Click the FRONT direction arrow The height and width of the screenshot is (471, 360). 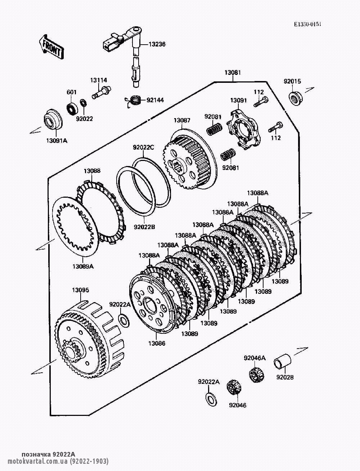(51, 47)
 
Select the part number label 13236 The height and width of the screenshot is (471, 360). (157, 44)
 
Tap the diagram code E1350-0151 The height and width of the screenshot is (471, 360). (307, 24)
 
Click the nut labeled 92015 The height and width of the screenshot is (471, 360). (296, 98)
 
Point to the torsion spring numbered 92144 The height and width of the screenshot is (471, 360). (134, 101)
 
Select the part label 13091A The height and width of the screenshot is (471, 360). (57, 141)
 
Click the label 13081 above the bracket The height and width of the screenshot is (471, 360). (233, 72)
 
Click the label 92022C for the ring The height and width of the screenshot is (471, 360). (143, 148)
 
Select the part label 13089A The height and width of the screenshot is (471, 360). (83, 266)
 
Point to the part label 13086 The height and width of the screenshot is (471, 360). (157, 344)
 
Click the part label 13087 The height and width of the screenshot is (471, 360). (182, 120)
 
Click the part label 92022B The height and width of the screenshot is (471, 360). (144, 227)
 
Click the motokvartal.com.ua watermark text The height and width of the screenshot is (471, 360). (58, 461)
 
